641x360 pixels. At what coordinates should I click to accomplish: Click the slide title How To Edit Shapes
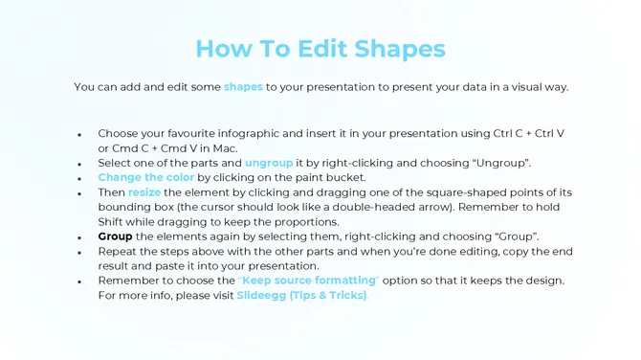pyautogui.click(x=320, y=48)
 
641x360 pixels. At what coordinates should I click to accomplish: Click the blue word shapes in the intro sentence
pyautogui.click(x=243, y=87)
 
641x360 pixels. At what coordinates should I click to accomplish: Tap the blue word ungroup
pyautogui.click(x=269, y=163)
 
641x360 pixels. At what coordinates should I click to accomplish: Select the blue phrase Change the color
pyautogui.click(x=146, y=178)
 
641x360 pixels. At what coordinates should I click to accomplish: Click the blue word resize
pyautogui.click(x=144, y=192)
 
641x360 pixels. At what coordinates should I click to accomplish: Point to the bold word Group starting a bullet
pyautogui.click(x=115, y=236)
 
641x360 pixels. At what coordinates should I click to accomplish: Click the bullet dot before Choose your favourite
pyautogui.click(x=79, y=135)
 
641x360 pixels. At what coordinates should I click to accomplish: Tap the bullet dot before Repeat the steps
pyautogui.click(x=79, y=252)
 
